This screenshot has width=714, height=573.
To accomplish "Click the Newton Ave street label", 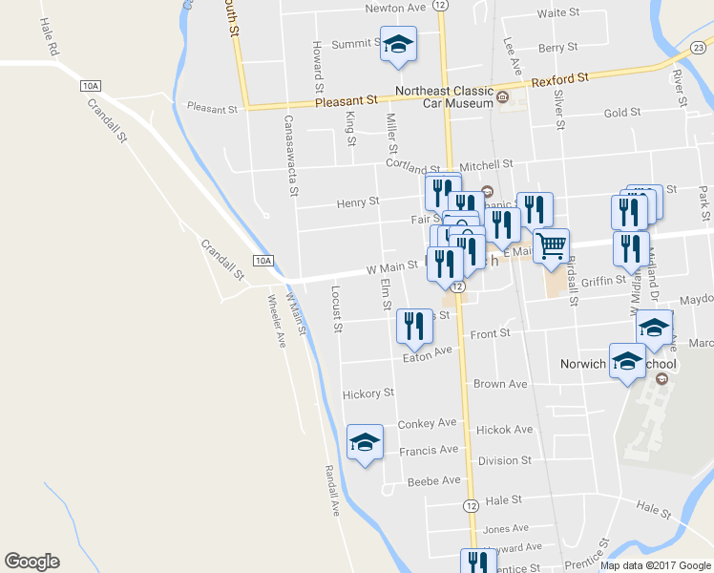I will pos(395,8).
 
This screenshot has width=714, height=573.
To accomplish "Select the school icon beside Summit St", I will pos(398,45).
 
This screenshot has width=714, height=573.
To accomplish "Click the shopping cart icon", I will pos(551,246).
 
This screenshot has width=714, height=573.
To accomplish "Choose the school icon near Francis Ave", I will pos(365,442).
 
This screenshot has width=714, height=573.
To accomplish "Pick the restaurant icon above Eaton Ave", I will pos(413,326).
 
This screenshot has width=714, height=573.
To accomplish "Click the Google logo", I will pos(31,562).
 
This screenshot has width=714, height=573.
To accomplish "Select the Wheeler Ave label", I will pos(279,320).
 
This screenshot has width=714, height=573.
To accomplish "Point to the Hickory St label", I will pos(368,393).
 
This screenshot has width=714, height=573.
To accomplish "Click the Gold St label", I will pos(621,113).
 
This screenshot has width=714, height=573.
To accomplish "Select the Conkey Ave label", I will pos(428,423).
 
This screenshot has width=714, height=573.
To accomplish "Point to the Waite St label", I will pos(558,13).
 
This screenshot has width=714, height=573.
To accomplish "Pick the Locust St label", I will pos(336,308).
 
